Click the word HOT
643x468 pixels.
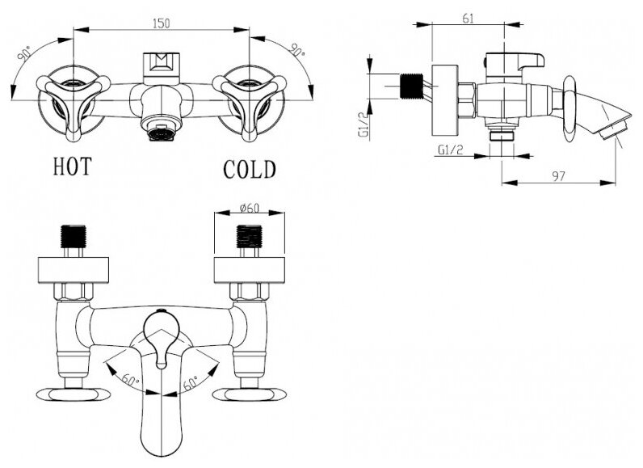(x=72, y=167)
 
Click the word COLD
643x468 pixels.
(x=250, y=169)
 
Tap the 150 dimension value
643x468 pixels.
(x=162, y=25)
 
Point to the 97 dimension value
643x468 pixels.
(x=557, y=175)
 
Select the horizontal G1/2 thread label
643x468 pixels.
(x=449, y=150)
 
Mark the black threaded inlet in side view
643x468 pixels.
(x=413, y=86)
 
